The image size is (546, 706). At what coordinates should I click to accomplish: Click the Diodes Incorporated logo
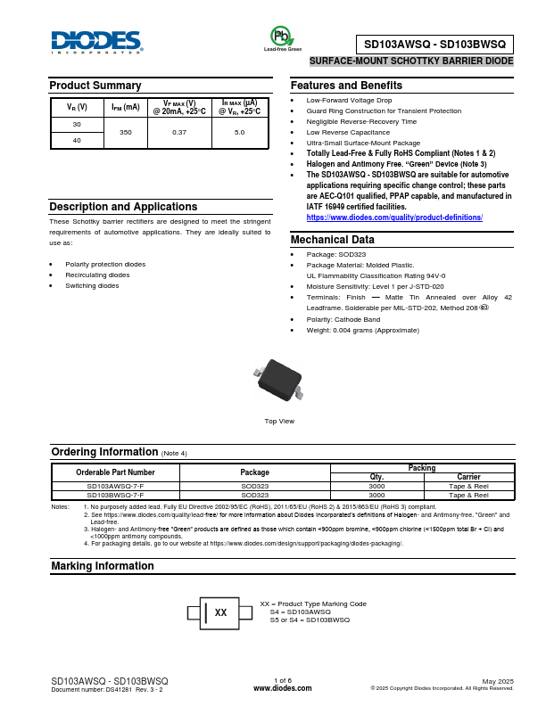click(x=96, y=42)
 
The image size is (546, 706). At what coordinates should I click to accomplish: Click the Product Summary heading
click(x=95, y=86)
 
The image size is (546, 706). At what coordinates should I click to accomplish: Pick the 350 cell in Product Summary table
click(x=125, y=132)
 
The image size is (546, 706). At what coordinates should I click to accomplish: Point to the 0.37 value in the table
click(x=179, y=132)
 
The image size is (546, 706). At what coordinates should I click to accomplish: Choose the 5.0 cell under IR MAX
click(x=239, y=132)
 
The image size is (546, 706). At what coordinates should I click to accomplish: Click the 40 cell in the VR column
click(x=77, y=140)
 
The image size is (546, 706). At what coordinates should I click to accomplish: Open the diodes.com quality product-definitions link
click(x=393, y=218)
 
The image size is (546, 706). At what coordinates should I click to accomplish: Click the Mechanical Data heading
click(x=333, y=240)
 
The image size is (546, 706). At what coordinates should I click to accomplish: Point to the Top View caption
click(x=279, y=421)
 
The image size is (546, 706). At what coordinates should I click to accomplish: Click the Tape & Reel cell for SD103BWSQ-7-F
click(x=468, y=494)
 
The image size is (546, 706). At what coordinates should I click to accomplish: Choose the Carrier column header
click(x=468, y=477)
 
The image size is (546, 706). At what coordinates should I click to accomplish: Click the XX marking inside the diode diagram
click(x=221, y=612)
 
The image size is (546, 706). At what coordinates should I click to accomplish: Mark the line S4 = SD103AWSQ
click(x=300, y=612)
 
